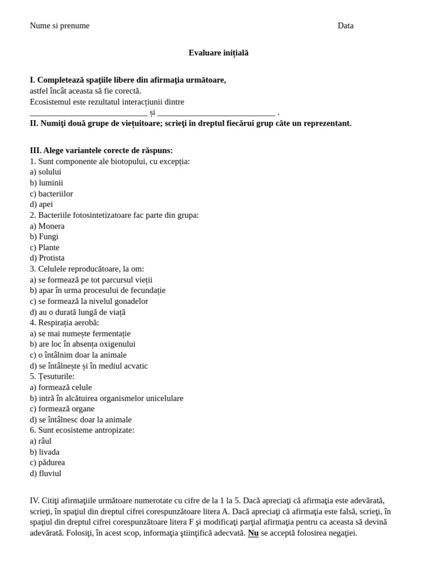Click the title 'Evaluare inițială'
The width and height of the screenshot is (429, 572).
tap(218, 53)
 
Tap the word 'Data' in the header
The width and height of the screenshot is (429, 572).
tap(345, 26)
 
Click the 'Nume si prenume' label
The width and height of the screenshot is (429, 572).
tap(59, 26)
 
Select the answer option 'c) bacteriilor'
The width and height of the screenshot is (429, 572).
tap(51, 193)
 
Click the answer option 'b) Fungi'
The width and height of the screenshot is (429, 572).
tap(44, 236)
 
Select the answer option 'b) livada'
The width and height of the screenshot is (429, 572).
tap(45, 452)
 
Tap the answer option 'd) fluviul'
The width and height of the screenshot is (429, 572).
tap(46, 473)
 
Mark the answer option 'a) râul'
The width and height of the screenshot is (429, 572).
tap(41, 441)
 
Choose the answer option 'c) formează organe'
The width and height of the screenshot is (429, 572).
tap(62, 409)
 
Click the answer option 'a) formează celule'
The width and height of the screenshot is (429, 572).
tap(61, 387)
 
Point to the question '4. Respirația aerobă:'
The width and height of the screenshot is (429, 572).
tap(64, 323)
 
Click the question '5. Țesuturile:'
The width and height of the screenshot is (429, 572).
tap(52, 376)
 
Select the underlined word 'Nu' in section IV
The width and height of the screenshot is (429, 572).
tap(253, 533)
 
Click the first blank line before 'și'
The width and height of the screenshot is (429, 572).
tap(88, 113)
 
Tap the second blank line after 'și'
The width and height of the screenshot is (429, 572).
tap(216, 113)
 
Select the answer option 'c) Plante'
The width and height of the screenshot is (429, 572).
tap(45, 247)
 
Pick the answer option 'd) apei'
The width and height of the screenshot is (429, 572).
tap(41, 204)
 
